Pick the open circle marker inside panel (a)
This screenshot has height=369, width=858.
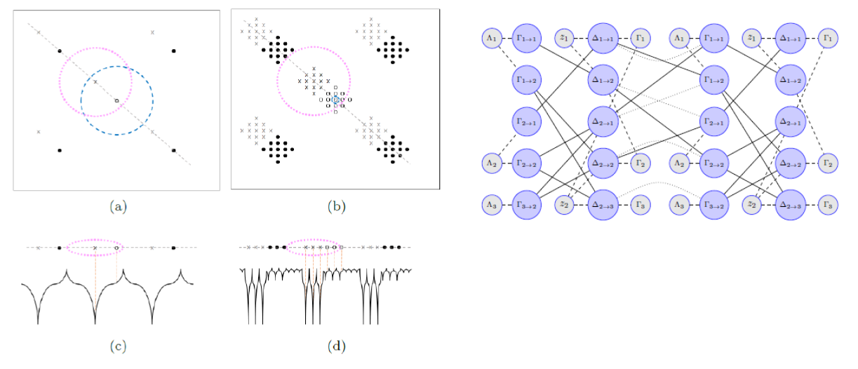117,101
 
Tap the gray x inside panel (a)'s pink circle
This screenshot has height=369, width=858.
95,81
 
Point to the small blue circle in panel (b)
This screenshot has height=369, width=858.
335,100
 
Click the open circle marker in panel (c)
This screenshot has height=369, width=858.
116,247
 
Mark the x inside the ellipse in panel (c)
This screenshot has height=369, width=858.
95,247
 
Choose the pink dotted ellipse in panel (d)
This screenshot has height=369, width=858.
288,247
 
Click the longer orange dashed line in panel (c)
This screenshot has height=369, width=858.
95,281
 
